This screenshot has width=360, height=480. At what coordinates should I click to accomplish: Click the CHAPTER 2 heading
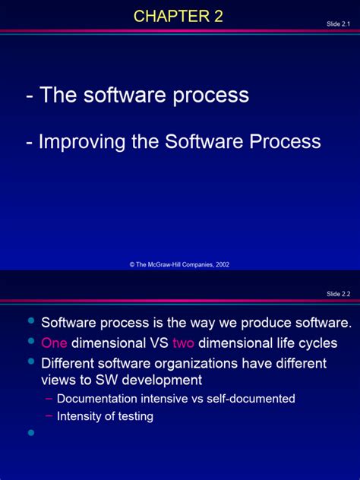click(x=178, y=16)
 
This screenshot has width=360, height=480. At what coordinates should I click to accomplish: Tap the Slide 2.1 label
click(x=338, y=24)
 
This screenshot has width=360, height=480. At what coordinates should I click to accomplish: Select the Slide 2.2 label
click(x=338, y=294)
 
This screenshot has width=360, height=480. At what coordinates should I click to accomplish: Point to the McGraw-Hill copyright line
click(x=179, y=264)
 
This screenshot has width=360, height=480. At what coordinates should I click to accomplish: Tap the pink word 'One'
click(x=54, y=343)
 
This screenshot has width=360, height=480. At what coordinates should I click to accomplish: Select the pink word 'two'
click(x=184, y=343)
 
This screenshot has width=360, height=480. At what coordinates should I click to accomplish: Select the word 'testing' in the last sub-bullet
click(x=133, y=416)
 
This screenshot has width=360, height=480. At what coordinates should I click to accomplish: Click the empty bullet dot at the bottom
click(x=31, y=433)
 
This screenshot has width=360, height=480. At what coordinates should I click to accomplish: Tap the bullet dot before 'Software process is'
click(x=31, y=321)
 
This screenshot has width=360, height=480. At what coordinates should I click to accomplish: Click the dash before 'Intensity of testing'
click(x=49, y=416)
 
